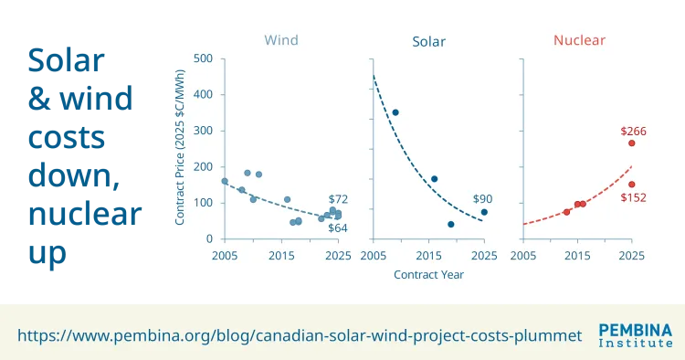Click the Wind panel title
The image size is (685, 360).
(281, 40)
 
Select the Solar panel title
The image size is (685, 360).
(429, 41)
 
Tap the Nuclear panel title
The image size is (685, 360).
(579, 40)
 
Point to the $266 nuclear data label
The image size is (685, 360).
(633, 132)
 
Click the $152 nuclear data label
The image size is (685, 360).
(633, 198)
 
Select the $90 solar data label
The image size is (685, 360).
(483, 199)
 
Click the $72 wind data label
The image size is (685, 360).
(338, 199)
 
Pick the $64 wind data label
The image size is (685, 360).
(338, 228)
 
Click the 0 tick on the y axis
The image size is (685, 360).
(209, 239)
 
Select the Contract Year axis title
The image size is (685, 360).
(428, 274)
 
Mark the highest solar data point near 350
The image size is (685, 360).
(395, 112)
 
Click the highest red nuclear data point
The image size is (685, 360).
(631, 143)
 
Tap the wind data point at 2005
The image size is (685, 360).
(225, 181)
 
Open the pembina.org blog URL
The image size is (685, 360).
(300, 335)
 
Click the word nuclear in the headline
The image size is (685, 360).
(86, 215)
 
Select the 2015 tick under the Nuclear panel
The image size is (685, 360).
(576, 255)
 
